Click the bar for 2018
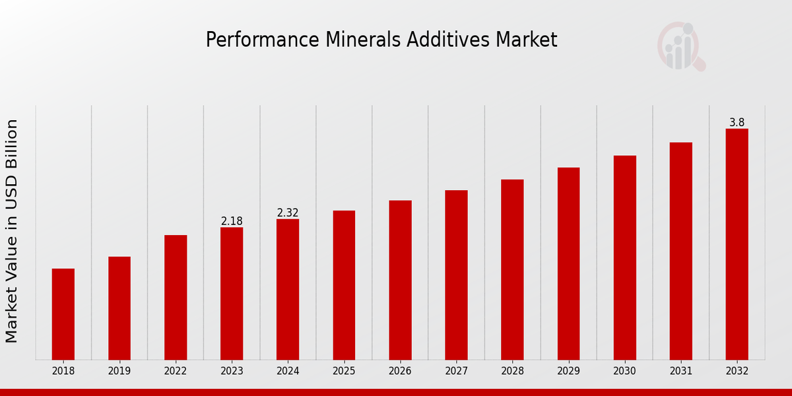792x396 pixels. coord(63,314)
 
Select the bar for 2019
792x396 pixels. coord(119,308)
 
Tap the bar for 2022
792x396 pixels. coord(176,297)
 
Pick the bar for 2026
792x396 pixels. coord(400,280)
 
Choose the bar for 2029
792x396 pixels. coord(568,263)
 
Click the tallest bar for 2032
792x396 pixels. coord(737,244)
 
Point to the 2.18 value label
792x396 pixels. coord(232,221)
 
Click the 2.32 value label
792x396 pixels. coord(288,213)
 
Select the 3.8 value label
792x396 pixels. coord(737,123)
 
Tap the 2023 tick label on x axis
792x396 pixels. coord(232,372)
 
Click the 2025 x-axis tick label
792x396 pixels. coord(344,372)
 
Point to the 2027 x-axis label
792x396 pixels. coord(456,372)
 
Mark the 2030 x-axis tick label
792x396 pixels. coord(624,372)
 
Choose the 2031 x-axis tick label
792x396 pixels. coord(680,372)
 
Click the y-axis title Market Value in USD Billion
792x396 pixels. coord(12,231)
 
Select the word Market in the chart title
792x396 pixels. coord(528,40)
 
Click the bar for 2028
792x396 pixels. coord(512,269)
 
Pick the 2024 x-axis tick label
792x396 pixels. coord(288,372)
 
